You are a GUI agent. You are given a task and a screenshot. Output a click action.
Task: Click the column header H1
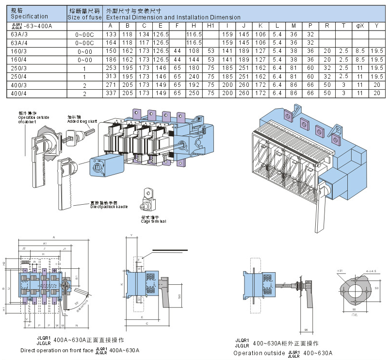click(x=211, y=26)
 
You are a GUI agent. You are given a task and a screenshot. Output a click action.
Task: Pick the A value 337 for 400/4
click(x=111, y=93)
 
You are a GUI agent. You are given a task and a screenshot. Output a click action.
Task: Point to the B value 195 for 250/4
click(x=128, y=76)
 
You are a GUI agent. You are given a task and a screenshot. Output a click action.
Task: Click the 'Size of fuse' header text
click(x=84, y=17)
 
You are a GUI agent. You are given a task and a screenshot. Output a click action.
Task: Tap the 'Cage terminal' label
click(x=153, y=221)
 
